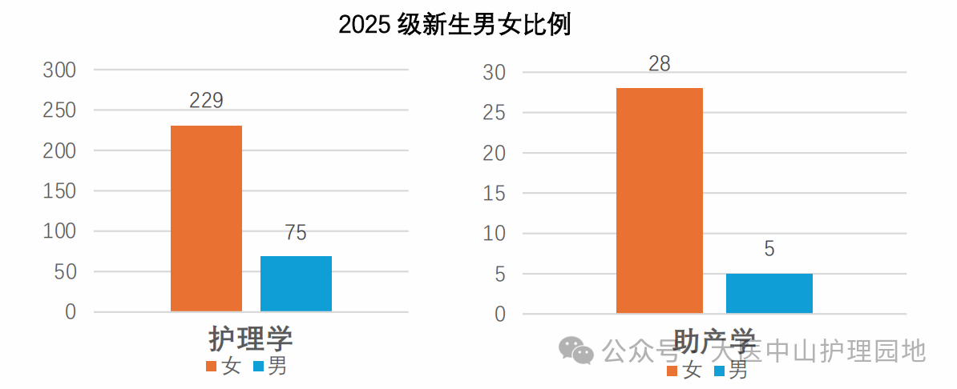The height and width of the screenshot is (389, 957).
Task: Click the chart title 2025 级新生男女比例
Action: (x=454, y=25)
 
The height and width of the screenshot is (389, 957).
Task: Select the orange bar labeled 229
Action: (x=206, y=218)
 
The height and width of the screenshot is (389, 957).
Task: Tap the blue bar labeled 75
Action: (x=296, y=283)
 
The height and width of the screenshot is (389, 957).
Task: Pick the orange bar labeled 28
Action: (x=659, y=200)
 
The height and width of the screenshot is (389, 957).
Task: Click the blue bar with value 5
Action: (x=769, y=293)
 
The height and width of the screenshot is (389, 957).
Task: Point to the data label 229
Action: (x=206, y=101)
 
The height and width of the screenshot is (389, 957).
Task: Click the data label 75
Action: (x=296, y=233)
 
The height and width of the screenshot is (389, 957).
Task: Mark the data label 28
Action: (x=659, y=64)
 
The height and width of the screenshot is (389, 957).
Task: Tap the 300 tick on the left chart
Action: (x=59, y=70)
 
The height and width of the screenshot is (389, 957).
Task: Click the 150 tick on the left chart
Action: (x=59, y=191)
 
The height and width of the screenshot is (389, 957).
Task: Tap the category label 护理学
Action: (x=251, y=339)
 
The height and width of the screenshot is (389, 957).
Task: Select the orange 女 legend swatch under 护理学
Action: (x=212, y=367)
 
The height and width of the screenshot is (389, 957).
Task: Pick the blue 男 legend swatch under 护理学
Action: (x=258, y=367)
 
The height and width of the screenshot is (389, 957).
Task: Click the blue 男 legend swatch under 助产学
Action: (x=720, y=371)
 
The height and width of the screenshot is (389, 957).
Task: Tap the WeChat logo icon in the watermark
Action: (x=576, y=350)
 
